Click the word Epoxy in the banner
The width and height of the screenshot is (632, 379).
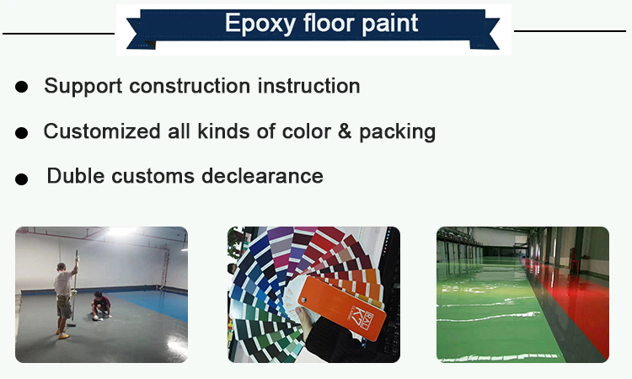pos(260,24)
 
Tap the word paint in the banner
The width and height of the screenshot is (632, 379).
pos(390,24)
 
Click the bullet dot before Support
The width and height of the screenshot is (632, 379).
pos(21,87)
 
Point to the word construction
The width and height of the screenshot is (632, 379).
pos(190,86)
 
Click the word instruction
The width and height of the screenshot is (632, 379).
pos(308,86)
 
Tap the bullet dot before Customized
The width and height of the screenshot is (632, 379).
pos(21,133)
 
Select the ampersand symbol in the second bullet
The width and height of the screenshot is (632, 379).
pos(345,131)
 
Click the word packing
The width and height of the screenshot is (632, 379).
pos(397,132)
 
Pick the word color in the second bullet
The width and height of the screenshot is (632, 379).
pos(307,131)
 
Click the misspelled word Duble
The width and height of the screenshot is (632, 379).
pos(75,176)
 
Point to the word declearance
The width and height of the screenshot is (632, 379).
pos(262,176)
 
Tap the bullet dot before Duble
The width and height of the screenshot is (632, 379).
pos(21,179)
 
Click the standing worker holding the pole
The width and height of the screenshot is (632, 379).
pos(65,298)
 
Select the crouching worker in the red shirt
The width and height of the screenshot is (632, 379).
pos(101,306)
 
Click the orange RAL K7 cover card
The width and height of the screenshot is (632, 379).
pos(342,307)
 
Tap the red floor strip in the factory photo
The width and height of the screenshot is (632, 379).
pos(572,298)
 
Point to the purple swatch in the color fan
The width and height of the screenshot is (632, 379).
pos(281,242)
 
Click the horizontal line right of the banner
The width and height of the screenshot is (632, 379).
pos(570,31)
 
